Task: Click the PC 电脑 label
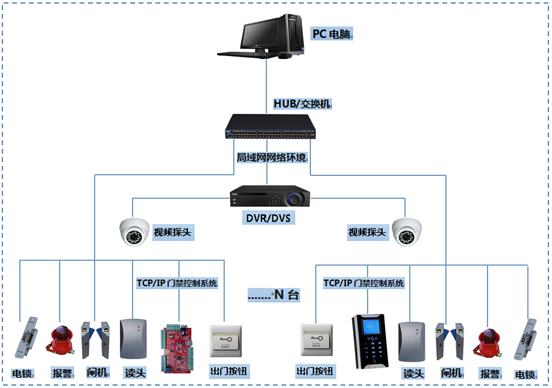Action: pyautogui.click(x=331, y=34)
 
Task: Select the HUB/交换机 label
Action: pyautogui.click(x=302, y=104)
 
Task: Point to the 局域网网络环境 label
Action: pyautogui.click(x=271, y=158)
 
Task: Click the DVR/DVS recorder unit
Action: pyautogui.click(x=269, y=196)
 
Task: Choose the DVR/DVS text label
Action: pyautogui.click(x=269, y=217)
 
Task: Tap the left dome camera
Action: pyautogui.click(x=134, y=231)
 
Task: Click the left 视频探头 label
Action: pyautogui.click(x=174, y=233)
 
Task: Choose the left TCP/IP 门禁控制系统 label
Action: pyautogui.click(x=177, y=283)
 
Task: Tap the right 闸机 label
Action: pyautogui.click(x=451, y=373)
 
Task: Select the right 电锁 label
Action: pyautogui.click(x=525, y=374)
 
